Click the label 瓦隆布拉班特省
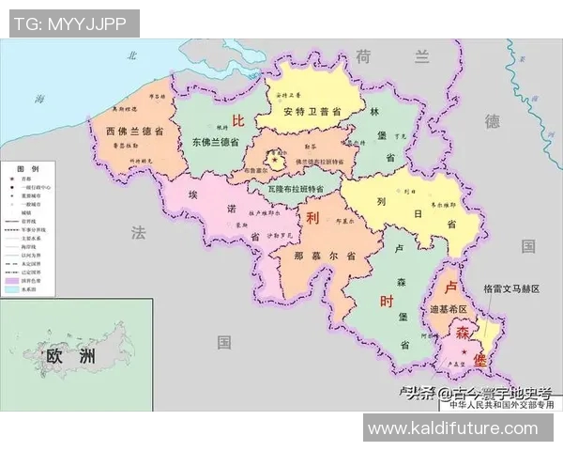click(x=291, y=189)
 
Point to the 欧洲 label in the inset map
click(x=70, y=355)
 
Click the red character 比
click(x=238, y=121)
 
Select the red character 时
click(x=386, y=303)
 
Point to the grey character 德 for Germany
click(x=493, y=121)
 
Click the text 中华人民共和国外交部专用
click(x=501, y=406)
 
